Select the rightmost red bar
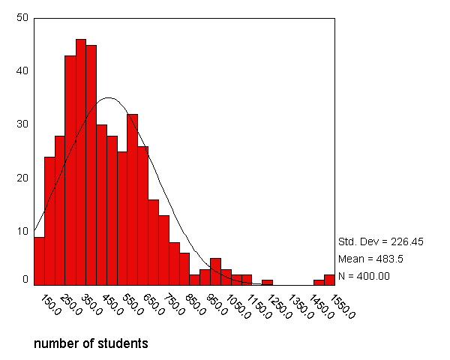(x=329, y=280)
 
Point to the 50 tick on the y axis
(x=22, y=17)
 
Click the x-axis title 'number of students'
(x=91, y=344)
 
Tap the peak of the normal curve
(x=109, y=97)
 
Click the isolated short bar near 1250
(x=267, y=282)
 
